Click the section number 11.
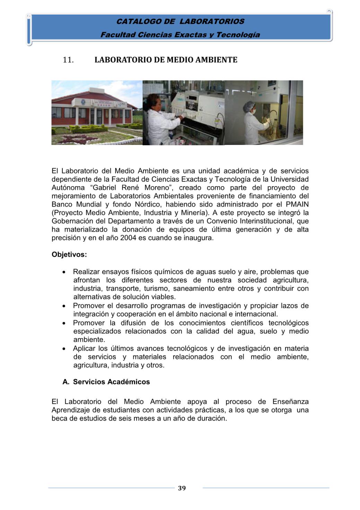point(68,60)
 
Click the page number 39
point(182,488)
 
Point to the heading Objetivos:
point(69,254)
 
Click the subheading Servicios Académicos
point(111,382)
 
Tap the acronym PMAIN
point(297,205)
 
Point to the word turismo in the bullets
point(157,288)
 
